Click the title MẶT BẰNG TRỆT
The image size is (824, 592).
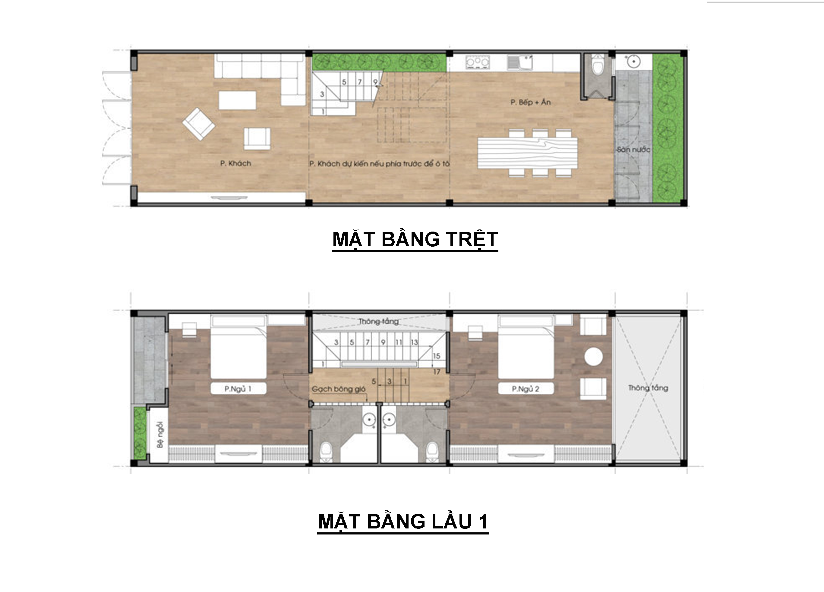[415, 240]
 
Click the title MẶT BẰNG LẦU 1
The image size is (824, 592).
[403, 522]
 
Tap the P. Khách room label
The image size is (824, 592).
[235, 163]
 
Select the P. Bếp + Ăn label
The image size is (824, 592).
[530, 102]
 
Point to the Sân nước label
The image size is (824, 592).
[633, 150]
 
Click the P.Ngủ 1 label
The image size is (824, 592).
[238, 389]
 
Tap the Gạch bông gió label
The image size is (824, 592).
[339, 389]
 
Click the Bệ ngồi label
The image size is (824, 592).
[160, 435]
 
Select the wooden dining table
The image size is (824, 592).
[528, 153]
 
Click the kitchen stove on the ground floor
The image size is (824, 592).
[477, 62]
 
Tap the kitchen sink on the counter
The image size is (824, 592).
[520, 62]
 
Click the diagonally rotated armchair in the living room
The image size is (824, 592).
[198, 124]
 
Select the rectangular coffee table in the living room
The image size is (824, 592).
[237, 100]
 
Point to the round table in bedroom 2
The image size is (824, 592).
[594, 357]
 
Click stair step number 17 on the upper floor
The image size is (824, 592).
[437, 372]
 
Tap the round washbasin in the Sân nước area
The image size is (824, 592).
[633, 61]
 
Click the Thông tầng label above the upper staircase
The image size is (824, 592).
[378, 321]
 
